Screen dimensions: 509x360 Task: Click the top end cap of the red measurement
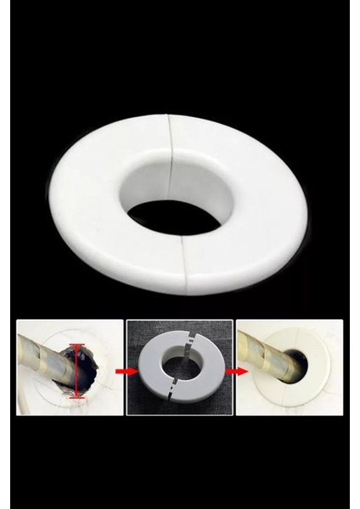coord(77,345)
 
